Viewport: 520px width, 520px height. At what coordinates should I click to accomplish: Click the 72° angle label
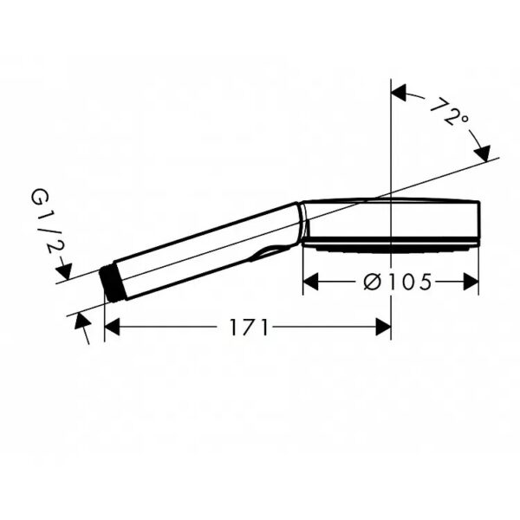450,112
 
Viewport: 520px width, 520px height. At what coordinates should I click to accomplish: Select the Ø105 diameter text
398,282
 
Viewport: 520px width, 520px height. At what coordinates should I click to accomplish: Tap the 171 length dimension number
249,328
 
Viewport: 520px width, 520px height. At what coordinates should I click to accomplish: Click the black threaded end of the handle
112,284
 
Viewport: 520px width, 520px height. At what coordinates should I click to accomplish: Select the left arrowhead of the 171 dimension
112,327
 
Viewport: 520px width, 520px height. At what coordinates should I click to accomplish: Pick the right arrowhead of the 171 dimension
383,327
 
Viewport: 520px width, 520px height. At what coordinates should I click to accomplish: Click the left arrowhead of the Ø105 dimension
311,282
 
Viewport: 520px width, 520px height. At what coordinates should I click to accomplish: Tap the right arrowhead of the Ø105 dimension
471,282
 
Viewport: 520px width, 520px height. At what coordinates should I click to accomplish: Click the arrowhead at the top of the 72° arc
399,93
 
